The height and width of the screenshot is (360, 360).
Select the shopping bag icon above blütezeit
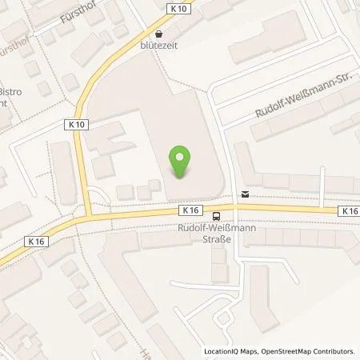[158, 34]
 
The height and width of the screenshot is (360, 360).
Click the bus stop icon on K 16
[217, 215]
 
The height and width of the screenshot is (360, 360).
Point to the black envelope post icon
[245, 194]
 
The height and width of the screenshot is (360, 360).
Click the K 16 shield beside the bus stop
[189, 210]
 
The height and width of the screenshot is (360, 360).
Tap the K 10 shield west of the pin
[73, 123]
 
